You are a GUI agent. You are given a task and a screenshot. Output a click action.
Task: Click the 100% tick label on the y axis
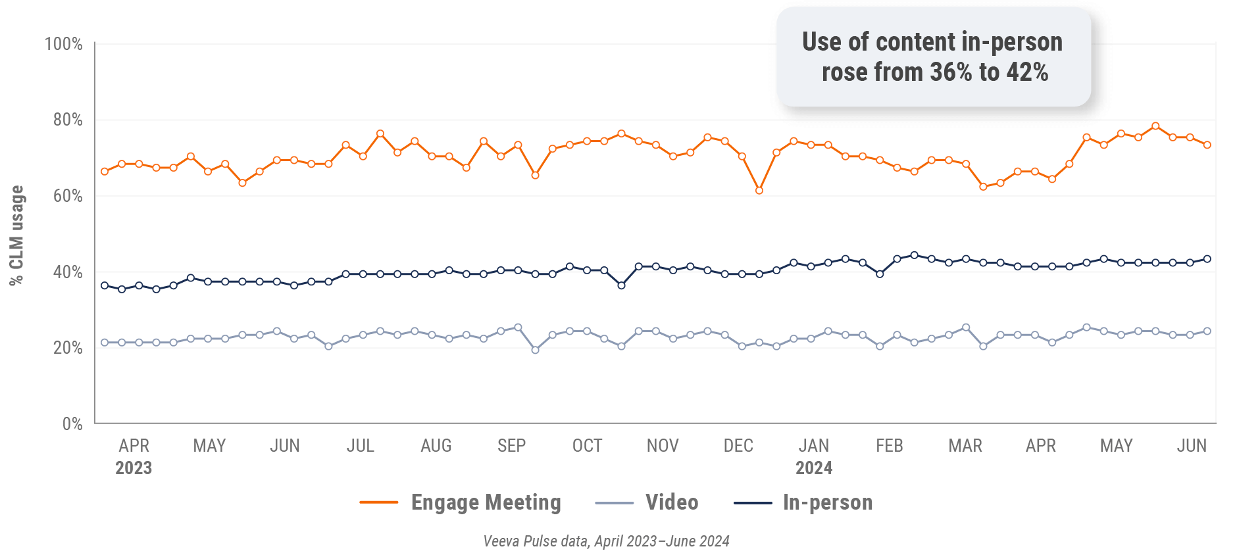coord(63,44)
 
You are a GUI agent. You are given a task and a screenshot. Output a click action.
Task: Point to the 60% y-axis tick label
coord(67,196)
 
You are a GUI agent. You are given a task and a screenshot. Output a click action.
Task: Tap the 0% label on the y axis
coord(72,424)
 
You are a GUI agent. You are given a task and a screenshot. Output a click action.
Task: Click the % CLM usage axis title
coord(16,235)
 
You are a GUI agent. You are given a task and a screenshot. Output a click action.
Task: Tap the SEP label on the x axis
coord(511,446)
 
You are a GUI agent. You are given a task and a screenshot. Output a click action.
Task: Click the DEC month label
coord(738,446)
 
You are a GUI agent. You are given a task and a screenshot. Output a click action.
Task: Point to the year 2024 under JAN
coord(814,468)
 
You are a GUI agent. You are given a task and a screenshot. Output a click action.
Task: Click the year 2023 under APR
coord(134,468)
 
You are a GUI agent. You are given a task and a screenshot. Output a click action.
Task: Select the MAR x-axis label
coord(965,446)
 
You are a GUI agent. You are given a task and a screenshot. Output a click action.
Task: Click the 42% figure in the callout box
coord(1027,72)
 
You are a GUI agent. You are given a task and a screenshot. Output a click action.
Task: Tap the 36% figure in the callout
coord(951,72)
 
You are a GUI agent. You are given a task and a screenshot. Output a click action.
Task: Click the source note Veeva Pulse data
coord(606,541)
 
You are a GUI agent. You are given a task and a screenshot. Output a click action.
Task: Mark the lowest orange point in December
coord(759,191)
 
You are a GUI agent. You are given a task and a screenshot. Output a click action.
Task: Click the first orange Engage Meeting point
coord(105,172)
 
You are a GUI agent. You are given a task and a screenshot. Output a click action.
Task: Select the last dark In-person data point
coord(1207,259)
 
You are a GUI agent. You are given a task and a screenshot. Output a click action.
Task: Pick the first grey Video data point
coord(105,343)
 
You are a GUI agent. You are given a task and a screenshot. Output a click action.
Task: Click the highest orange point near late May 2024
coord(1155,126)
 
